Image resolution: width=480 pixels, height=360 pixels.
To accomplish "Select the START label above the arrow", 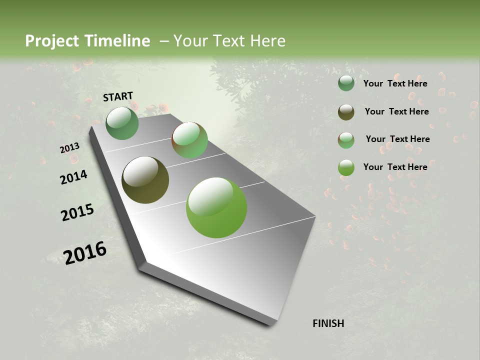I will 118,96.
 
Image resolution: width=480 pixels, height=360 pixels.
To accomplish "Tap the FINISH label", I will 328,323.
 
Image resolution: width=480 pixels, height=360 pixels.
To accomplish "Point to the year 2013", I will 69,148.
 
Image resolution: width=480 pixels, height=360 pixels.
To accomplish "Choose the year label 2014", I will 73,177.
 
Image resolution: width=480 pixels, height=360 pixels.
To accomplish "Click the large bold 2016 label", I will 85,252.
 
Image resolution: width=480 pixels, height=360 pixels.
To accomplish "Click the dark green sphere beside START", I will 122,123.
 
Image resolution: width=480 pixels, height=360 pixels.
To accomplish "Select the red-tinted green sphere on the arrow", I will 189,140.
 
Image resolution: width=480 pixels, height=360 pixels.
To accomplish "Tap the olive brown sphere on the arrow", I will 145,180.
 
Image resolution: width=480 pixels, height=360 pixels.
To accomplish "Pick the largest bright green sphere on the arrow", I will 216,207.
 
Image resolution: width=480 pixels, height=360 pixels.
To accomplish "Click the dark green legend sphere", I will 346,83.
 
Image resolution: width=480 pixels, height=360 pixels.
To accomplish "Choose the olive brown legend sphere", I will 346,112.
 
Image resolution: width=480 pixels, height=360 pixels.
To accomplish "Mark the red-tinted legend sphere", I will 346,140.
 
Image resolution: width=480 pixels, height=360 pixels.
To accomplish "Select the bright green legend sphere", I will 346,167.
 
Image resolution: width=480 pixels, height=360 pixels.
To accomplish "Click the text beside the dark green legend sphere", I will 395,83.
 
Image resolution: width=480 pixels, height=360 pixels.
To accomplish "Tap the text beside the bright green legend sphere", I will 395,167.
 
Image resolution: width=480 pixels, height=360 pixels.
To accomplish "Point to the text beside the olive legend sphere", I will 396,111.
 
